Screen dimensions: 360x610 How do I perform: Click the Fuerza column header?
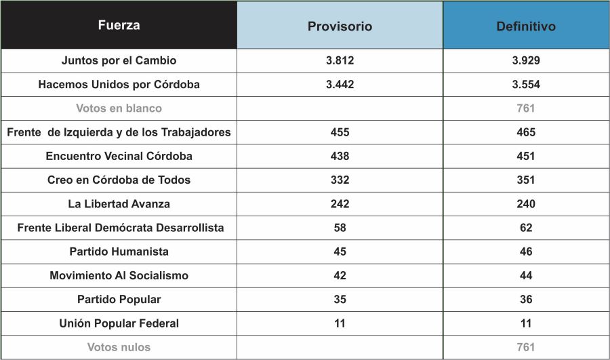[x=119, y=26]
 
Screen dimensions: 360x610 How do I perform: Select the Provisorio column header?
[x=340, y=26]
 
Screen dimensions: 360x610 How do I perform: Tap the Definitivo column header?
[x=526, y=26]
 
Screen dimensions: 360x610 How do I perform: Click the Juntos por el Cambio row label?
[x=119, y=60]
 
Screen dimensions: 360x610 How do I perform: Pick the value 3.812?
[x=340, y=60]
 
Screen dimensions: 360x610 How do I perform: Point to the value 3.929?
[x=526, y=60]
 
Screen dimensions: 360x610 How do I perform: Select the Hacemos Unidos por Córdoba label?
[x=119, y=85]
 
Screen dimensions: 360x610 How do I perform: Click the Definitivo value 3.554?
[x=526, y=85]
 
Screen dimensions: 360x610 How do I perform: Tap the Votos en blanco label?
[x=119, y=108]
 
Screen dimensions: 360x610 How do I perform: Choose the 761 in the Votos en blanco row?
[x=526, y=108]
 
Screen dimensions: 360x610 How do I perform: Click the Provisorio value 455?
[x=340, y=132]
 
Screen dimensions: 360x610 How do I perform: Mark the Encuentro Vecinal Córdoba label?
[x=119, y=156]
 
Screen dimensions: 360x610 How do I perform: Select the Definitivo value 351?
[x=526, y=180]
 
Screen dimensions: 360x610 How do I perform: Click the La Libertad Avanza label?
[x=119, y=203]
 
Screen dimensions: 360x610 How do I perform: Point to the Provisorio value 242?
[x=340, y=203]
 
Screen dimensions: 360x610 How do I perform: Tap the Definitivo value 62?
[x=526, y=228]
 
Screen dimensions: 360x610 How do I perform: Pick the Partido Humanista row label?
[x=119, y=252]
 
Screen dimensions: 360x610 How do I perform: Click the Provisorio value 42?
[x=340, y=275]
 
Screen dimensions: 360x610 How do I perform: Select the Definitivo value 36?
[x=526, y=299]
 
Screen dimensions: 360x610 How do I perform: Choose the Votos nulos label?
[x=119, y=347]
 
